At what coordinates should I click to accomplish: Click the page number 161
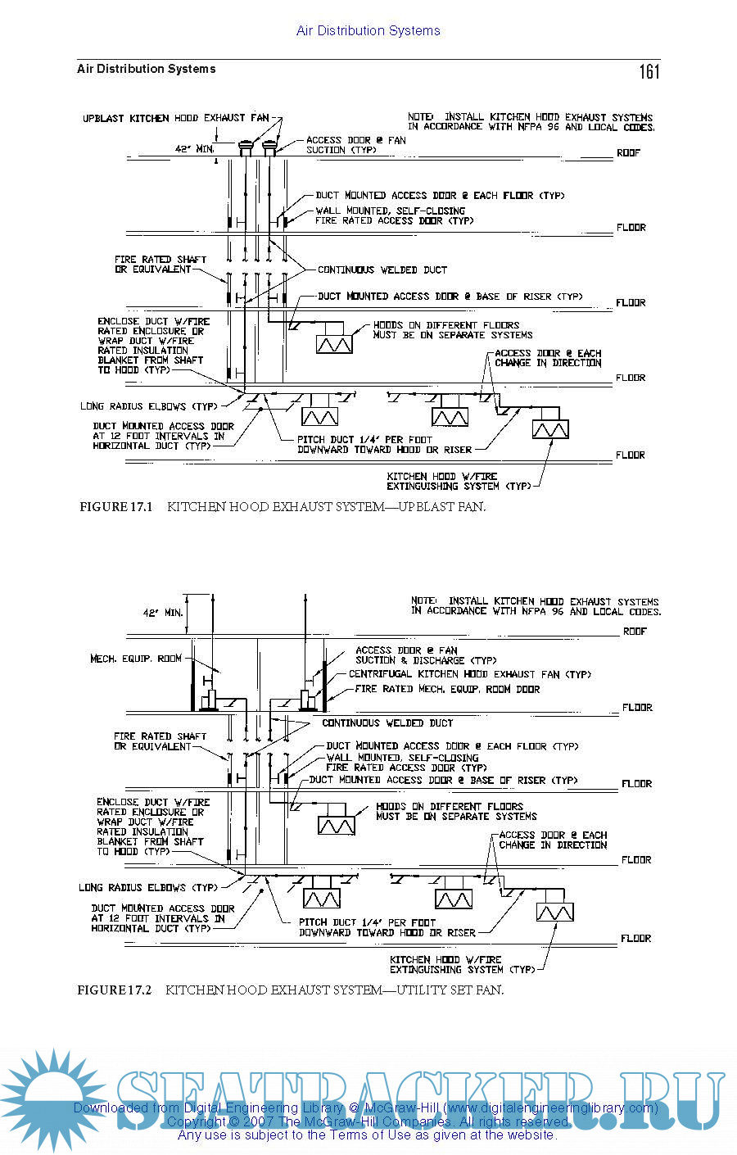(x=649, y=72)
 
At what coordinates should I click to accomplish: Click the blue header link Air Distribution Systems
(x=368, y=31)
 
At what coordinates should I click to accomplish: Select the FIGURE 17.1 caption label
(x=116, y=507)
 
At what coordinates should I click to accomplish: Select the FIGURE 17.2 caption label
(x=115, y=990)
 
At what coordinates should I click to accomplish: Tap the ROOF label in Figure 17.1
(x=629, y=153)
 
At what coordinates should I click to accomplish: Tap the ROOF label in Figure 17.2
(x=635, y=632)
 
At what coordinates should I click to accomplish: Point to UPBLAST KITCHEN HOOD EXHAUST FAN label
(x=175, y=119)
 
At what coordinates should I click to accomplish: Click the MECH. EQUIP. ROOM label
(x=136, y=659)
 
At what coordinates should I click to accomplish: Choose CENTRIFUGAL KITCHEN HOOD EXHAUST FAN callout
(x=469, y=674)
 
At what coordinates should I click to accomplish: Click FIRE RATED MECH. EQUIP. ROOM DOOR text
(x=447, y=689)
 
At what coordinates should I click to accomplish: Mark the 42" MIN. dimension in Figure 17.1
(x=195, y=149)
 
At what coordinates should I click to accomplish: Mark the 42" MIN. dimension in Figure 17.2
(x=163, y=612)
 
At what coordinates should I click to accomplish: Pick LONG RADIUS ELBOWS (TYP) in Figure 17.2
(x=148, y=887)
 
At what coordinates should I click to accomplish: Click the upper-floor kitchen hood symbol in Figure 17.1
(x=334, y=343)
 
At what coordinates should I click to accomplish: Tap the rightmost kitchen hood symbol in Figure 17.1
(x=549, y=429)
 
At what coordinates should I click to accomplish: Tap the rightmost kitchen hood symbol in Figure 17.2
(x=554, y=912)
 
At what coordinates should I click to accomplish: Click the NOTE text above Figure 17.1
(x=531, y=122)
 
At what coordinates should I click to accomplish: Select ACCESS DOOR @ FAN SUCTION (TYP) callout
(x=355, y=145)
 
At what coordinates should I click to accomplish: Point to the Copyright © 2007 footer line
(x=368, y=1121)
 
